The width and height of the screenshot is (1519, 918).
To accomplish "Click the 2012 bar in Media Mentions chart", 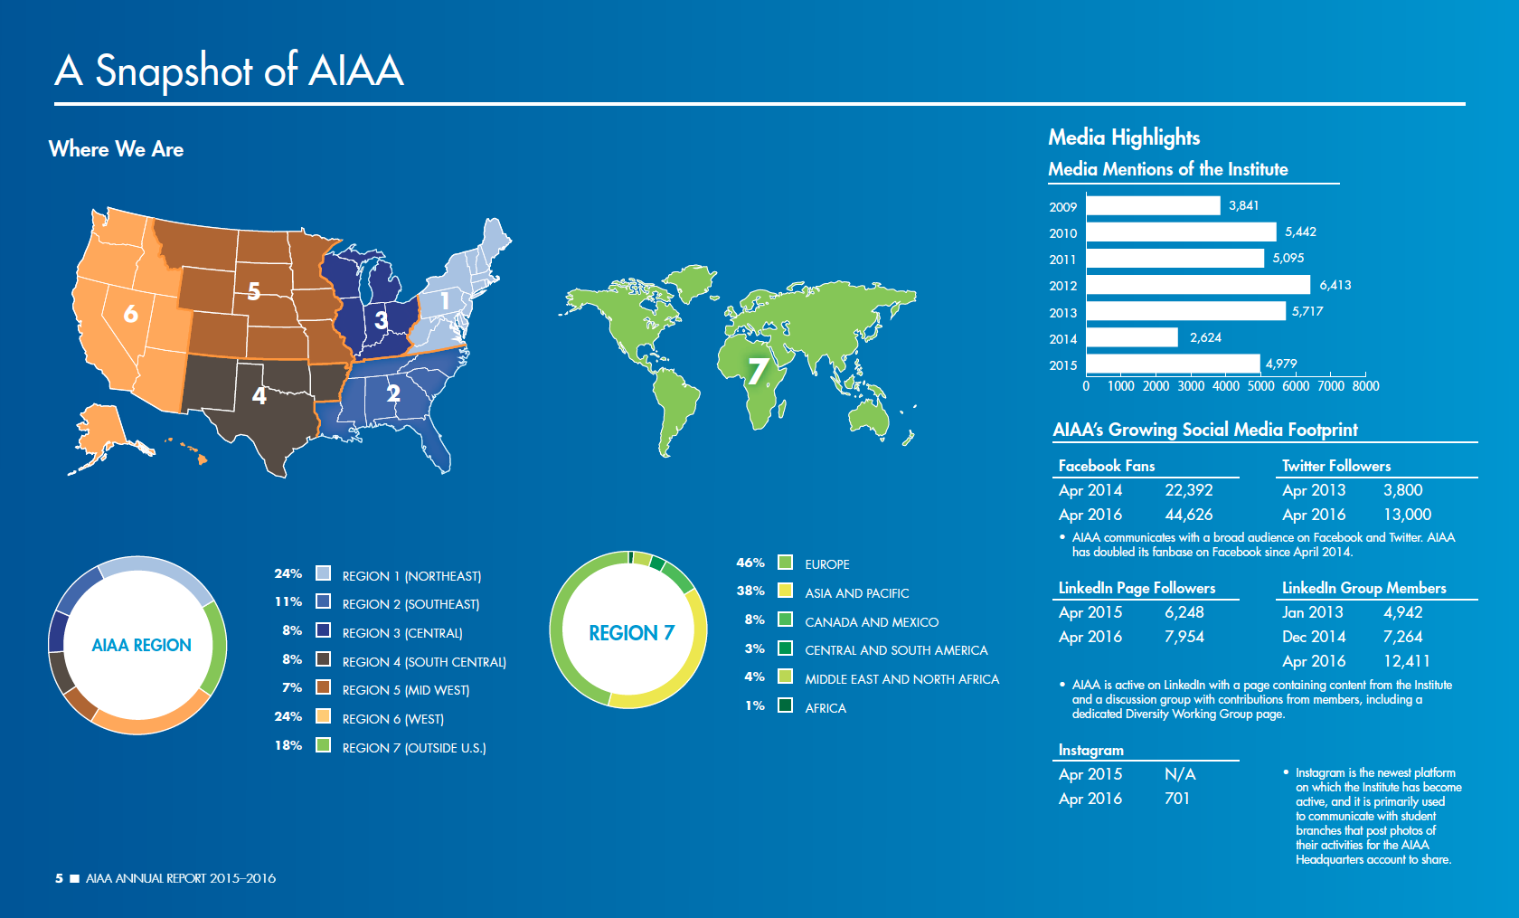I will [x=1197, y=285].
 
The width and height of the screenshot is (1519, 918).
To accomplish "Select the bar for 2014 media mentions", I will [x=1131, y=337].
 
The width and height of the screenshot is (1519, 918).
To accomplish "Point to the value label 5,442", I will [x=1300, y=232].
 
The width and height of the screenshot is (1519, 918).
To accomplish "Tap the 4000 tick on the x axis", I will [x=1225, y=386].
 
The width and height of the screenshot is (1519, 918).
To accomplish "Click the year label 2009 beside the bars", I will [x=1062, y=207].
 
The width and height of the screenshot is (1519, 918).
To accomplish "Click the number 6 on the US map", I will [x=131, y=314].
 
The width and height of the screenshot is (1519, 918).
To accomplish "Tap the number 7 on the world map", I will [x=758, y=369].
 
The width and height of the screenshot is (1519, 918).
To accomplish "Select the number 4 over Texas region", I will [x=259, y=396].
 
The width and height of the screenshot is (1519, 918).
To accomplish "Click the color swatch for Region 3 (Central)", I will [x=323, y=630].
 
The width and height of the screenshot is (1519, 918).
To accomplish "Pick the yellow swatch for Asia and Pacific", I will [x=785, y=591].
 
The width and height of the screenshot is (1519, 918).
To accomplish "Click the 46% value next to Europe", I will [x=750, y=563].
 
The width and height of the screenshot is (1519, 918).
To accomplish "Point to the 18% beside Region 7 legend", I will [x=288, y=745].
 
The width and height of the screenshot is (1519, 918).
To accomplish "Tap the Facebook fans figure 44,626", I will [x=1188, y=515].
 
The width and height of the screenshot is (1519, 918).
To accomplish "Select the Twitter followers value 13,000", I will [x=1407, y=515].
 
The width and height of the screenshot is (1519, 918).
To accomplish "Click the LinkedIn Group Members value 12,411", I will [x=1406, y=661].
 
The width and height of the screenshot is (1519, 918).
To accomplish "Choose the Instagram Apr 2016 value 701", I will [x=1176, y=799].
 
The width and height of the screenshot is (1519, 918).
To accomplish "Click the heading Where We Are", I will [x=116, y=149].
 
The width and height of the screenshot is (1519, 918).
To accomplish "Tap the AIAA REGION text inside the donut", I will [x=141, y=645].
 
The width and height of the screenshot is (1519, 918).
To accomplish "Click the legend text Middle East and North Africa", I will [x=901, y=679].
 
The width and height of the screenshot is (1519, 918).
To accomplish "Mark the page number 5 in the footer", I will [x=59, y=878].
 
